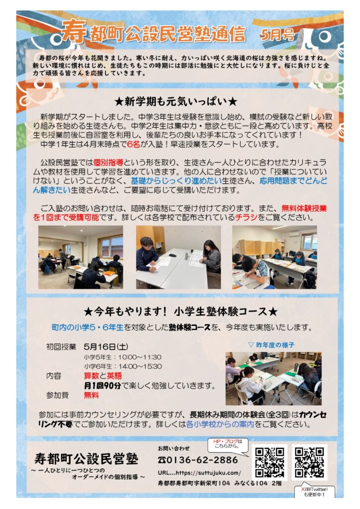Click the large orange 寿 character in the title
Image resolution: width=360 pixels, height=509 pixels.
[74, 31]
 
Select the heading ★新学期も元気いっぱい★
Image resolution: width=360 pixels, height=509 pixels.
[176, 101]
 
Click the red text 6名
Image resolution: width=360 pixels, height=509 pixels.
[133, 144]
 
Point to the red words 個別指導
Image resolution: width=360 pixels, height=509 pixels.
[108, 163]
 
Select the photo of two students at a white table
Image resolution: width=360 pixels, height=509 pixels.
[178, 257]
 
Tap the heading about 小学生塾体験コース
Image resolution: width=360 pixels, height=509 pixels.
[180, 312]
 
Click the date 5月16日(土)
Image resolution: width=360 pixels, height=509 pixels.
[106, 346]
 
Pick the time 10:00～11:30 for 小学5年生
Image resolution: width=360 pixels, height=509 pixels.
[140, 357]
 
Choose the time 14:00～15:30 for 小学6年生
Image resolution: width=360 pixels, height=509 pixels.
[140, 366]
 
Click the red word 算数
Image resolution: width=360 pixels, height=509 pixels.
[91, 376]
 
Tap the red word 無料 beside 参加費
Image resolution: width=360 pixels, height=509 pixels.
[91, 395]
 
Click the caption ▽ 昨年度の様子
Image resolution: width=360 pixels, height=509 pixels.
[271, 345]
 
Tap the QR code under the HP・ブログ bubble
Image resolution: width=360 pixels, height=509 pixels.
[270, 462]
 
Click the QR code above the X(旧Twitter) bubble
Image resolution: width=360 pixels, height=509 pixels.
[309, 462]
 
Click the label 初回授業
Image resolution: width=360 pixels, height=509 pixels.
[61, 346]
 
